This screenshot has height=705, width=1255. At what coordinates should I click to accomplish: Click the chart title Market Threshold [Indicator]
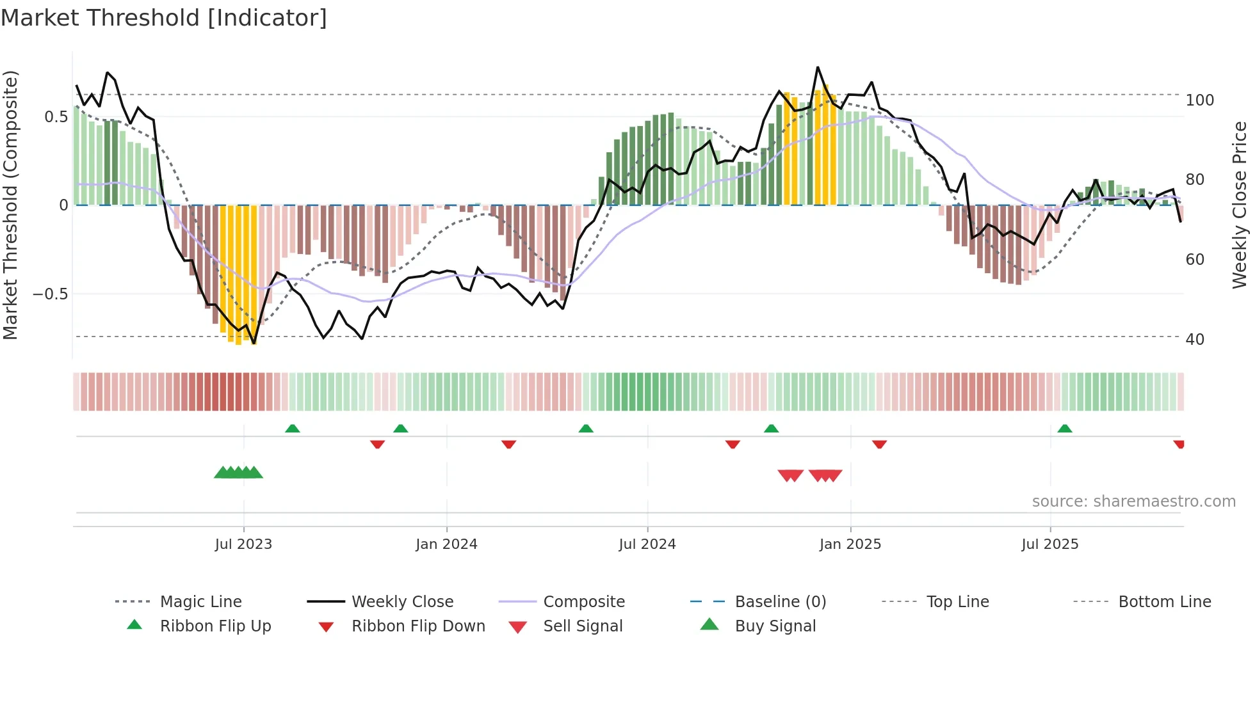pyautogui.click(x=164, y=18)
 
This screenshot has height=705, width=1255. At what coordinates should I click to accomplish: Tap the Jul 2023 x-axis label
pyautogui.click(x=243, y=544)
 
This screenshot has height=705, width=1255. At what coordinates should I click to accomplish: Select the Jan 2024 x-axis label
pyautogui.click(x=446, y=544)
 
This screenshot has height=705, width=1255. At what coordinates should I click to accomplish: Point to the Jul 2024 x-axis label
pyautogui.click(x=647, y=544)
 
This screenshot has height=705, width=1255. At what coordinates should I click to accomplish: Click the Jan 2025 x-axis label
pyautogui.click(x=850, y=544)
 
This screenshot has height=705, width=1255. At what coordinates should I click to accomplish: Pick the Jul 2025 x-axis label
pyautogui.click(x=1050, y=544)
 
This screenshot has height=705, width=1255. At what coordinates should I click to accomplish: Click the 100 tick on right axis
pyautogui.click(x=1199, y=100)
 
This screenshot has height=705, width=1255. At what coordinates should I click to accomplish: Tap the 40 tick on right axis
pyautogui.click(x=1195, y=340)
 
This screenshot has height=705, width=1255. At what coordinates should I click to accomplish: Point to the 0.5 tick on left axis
pyautogui.click(x=56, y=117)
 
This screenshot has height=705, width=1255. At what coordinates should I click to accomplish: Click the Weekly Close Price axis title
pyautogui.click(x=1240, y=205)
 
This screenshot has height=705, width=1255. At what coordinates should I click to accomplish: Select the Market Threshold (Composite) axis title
pyautogui.click(x=11, y=205)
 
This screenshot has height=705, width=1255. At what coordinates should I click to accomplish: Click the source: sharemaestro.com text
pyautogui.click(x=1133, y=502)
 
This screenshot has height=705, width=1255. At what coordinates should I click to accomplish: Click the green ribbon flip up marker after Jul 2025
pyautogui.click(x=1065, y=429)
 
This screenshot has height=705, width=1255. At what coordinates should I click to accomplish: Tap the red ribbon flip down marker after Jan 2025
pyautogui.click(x=879, y=444)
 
